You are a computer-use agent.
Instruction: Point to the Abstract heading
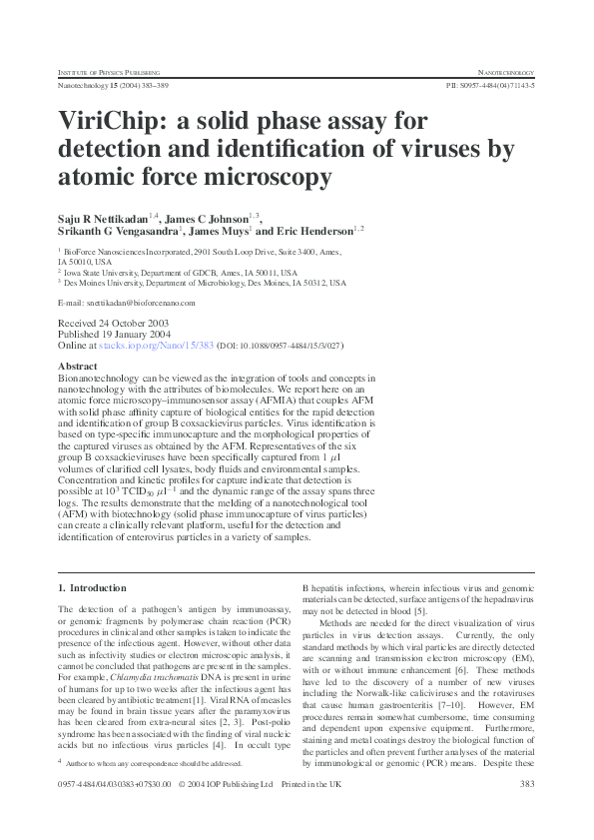(x=79, y=368)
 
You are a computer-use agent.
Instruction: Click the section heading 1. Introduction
(x=93, y=589)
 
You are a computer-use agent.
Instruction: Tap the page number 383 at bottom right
(x=528, y=812)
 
